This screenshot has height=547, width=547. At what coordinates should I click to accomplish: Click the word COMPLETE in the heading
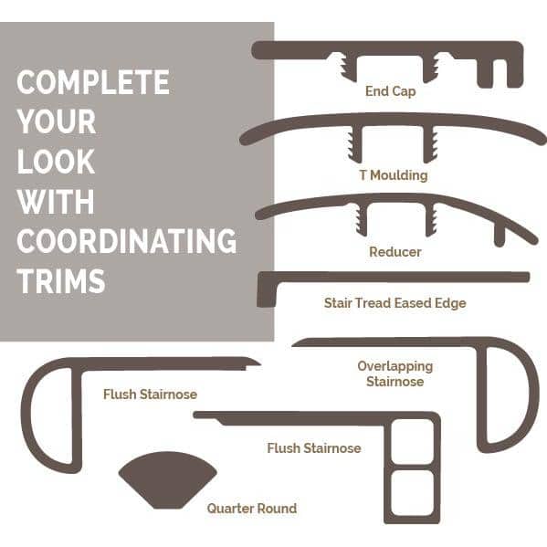coord(93,82)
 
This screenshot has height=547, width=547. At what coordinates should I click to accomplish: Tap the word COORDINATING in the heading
coord(127,241)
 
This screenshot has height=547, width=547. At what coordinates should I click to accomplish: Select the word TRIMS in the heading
coord(61,281)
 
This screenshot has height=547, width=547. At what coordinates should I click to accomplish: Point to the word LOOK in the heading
coord(56,162)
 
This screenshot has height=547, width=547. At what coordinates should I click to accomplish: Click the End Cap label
coord(390,91)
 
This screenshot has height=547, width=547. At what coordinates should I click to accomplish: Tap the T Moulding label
coord(394,174)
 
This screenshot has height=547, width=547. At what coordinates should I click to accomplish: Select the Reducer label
coord(395,252)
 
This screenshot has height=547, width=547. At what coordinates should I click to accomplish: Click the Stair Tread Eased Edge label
coord(394,303)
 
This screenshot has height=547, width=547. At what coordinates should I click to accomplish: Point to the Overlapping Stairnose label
coord(395,373)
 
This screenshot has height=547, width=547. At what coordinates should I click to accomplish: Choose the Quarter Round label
coord(252,509)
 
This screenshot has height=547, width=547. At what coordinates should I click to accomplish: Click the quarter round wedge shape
coord(168,479)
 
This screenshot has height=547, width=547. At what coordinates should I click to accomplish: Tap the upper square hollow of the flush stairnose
coord(413,441)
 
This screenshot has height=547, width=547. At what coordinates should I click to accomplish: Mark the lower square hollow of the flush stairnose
coord(413,492)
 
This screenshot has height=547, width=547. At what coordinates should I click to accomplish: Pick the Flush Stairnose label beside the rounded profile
coord(150,394)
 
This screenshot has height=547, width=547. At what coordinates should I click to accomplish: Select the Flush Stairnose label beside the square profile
coord(314,448)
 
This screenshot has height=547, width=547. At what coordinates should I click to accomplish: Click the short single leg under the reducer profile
coord(500,236)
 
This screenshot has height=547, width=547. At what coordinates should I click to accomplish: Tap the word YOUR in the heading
coord(57,121)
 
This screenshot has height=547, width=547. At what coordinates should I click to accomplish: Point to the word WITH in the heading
coord(56,201)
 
